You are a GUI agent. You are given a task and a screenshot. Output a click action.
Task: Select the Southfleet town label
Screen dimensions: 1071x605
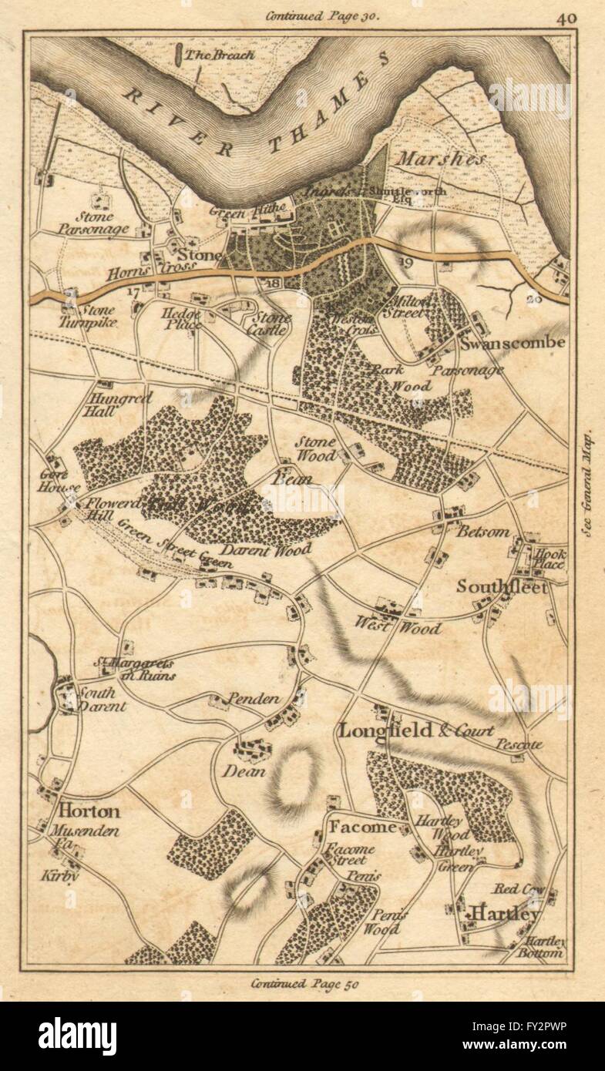pos(502,586)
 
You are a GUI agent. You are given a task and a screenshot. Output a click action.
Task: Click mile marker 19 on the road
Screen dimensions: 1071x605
pos(408,263)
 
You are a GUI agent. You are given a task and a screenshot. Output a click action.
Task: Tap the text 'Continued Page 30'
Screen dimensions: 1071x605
pos(322,15)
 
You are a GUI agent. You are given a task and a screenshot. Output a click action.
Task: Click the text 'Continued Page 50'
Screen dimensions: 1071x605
pos(304,983)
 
